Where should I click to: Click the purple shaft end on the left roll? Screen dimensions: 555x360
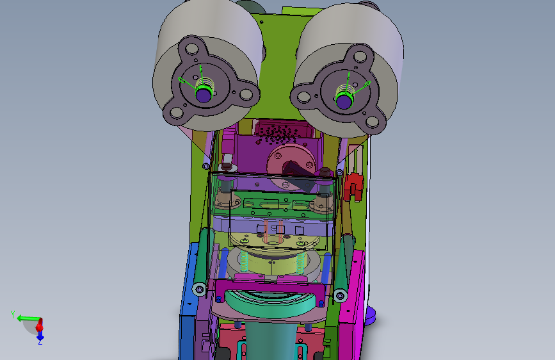pyautogui.click(x=203, y=95)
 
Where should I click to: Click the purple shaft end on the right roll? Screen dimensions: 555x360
pyautogui.click(x=343, y=101)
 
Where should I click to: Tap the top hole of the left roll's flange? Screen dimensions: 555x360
pyautogui.click(x=191, y=49)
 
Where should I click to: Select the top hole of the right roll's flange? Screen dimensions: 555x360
pyautogui.click(x=360, y=56)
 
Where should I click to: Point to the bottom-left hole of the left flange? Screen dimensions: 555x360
pyautogui.click(x=176, y=113)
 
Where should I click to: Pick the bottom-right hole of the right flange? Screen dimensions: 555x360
pyautogui.click(x=372, y=122)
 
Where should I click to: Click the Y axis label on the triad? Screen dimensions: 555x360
pyautogui.click(x=13, y=315)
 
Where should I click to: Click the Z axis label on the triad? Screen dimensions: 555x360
pyautogui.click(x=40, y=342)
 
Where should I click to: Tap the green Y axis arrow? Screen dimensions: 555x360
pyautogui.click(x=29, y=318)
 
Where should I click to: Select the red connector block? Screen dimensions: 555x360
pyautogui.click(x=353, y=186)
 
